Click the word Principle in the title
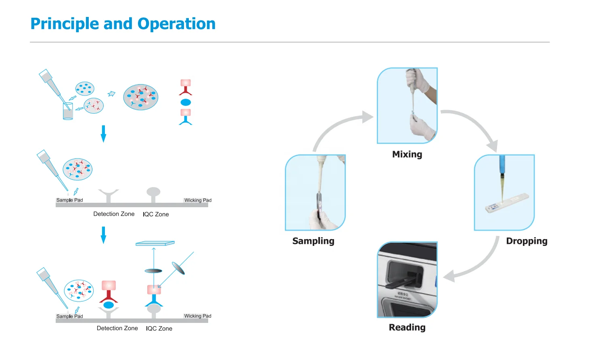(65, 24)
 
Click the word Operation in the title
(176, 24)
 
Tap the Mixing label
(407, 154)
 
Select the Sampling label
(313, 241)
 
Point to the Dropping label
(527, 241)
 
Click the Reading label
(407, 327)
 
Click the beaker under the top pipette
(68, 111)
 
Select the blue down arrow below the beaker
(103, 134)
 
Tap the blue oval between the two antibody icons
(186, 102)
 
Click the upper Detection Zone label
(114, 214)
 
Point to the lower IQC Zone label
(159, 329)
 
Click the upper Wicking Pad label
(198, 200)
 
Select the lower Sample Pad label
(69, 316)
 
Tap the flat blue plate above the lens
(155, 243)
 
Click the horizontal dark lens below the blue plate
(153, 271)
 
